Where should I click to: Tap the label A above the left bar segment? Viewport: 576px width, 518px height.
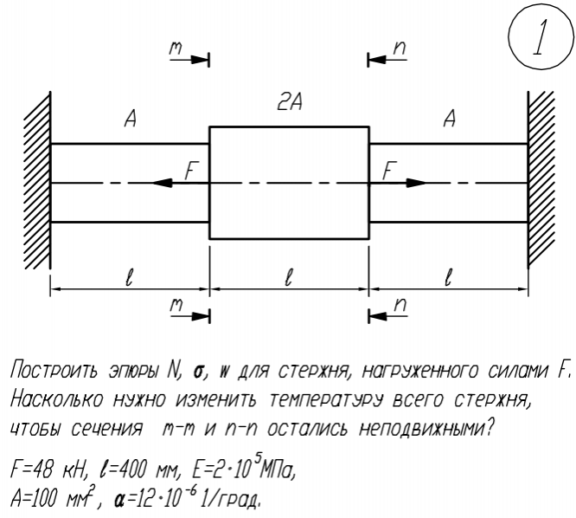tap(130, 121)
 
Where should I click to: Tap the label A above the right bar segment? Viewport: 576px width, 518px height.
tap(448, 121)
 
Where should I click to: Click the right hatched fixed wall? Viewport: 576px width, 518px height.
tap(543, 182)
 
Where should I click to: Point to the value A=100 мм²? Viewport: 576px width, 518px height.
tap(55, 501)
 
